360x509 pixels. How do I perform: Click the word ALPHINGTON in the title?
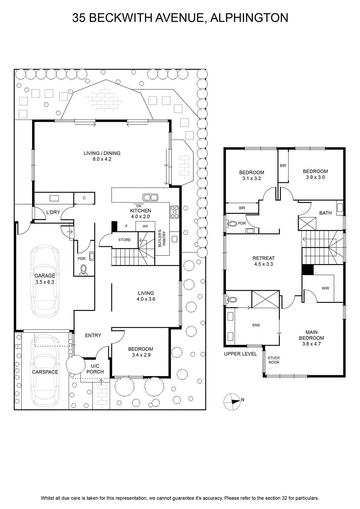pyautogui.click(x=249, y=18)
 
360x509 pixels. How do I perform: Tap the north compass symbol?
pyautogui.click(x=232, y=402)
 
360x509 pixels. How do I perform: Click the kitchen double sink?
pyautogui.click(x=150, y=197)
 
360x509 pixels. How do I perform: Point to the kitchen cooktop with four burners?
pyautogui.click(x=175, y=212)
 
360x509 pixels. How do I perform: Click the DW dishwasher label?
pyautogui.click(x=139, y=206)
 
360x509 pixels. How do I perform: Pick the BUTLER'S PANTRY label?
pyautogui.click(x=162, y=238)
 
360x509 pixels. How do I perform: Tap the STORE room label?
pyautogui.click(x=124, y=240)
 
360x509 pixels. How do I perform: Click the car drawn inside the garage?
pyautogui.click(x=45, y=281)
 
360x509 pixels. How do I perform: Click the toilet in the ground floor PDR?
pyautogui.click(x=83, y=270)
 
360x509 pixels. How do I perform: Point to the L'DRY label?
pyautogui.click(x=53, y=212)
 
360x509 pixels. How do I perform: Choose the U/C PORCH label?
pyautogui.click(x=95, y=369)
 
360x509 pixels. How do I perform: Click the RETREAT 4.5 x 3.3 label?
pyautogui.click(x=264, y=261)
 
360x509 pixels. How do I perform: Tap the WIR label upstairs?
pyautogui.click(x=325, y=288)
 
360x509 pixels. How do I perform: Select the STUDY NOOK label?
pyautogui.click(x=274, y=360)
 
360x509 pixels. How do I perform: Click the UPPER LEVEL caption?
pyautogui.click(x=240, y=354)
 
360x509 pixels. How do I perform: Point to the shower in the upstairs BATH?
pyautogui.click(x=307, y=224)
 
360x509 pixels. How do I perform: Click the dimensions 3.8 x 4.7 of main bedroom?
pyautogui.click(x=311, y=344)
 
